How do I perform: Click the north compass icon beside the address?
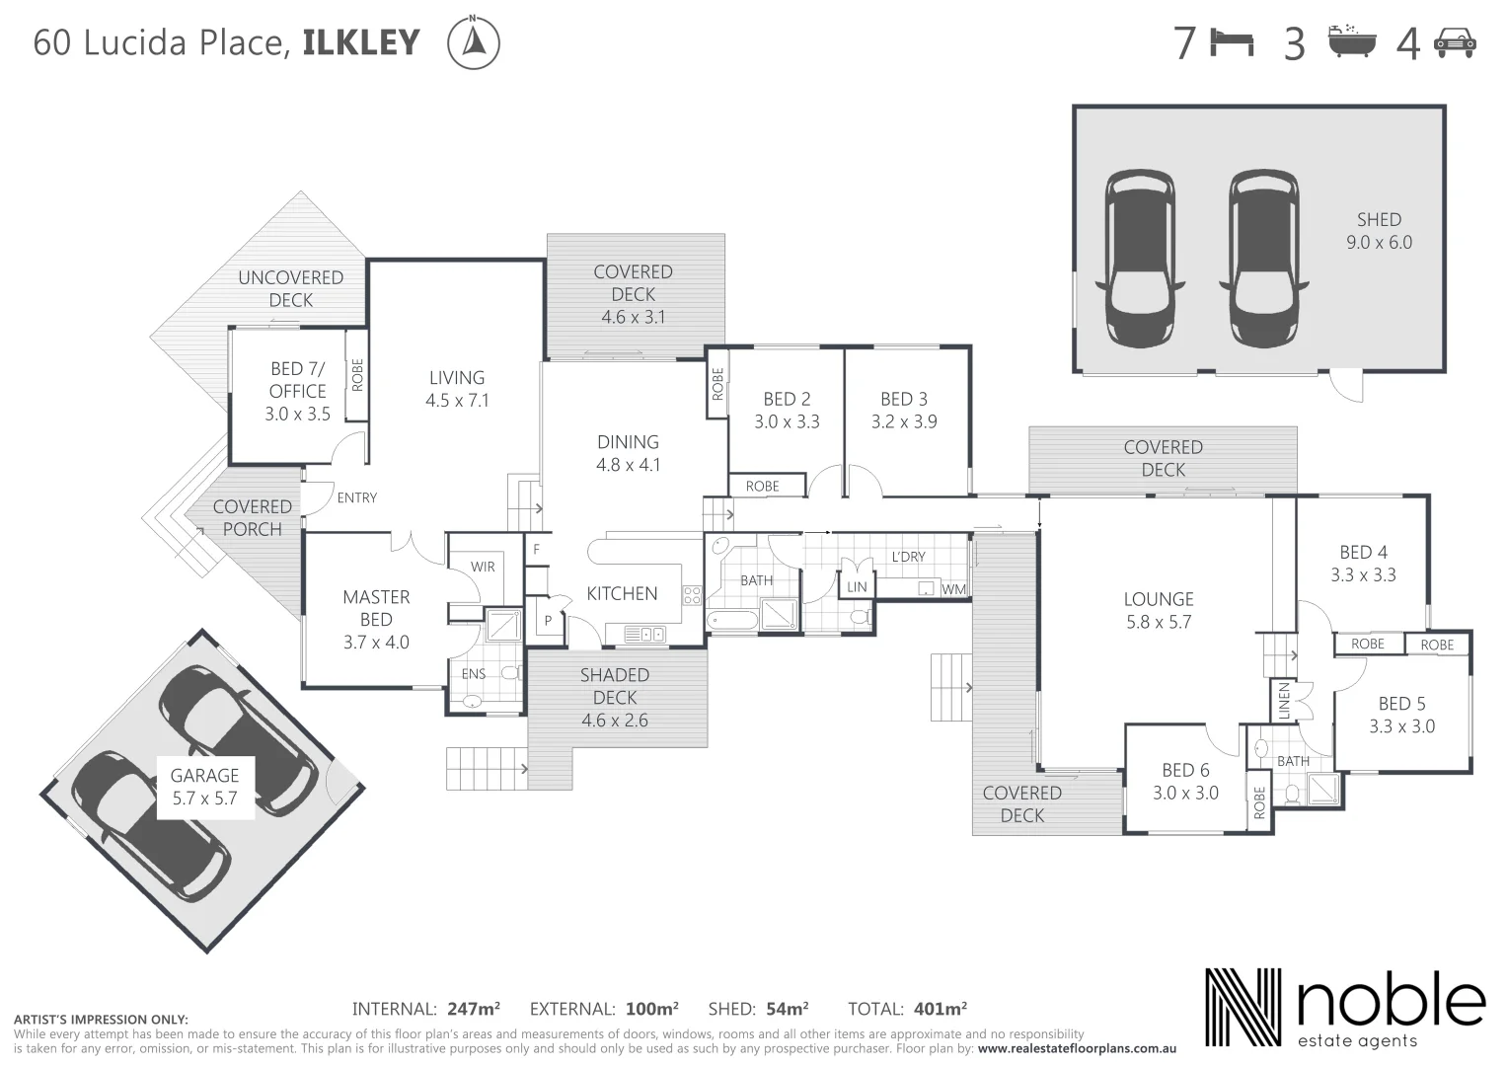474,43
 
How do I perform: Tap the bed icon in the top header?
1233,43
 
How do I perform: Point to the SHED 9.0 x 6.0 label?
1379,231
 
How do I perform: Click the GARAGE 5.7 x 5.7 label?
205,787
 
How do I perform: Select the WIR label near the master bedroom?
483,567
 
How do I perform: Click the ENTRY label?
357,497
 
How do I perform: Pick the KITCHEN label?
622,593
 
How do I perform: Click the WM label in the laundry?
953,589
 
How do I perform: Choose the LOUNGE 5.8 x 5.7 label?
1159,610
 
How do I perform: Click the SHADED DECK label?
615,697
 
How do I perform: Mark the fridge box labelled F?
536,549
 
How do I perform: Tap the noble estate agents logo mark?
1243,1008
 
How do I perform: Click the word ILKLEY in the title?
361,43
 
